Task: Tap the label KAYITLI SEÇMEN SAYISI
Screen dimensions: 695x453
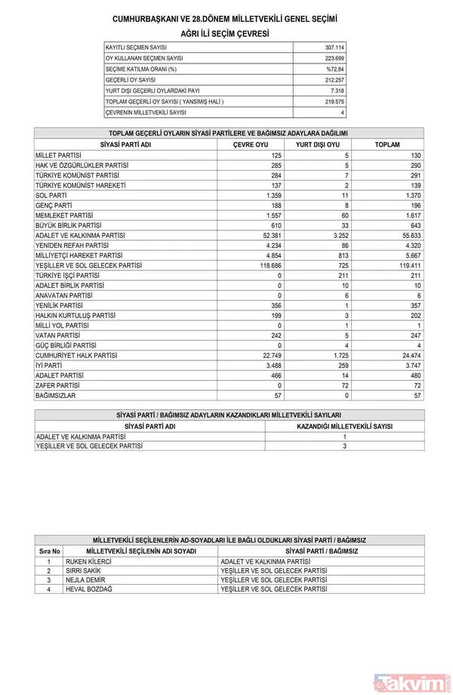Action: point(137,48)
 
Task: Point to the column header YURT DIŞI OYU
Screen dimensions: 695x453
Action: point(318,144)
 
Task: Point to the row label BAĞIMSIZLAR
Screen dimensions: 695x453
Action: point(56,395)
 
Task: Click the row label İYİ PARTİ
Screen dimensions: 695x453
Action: point(50,366)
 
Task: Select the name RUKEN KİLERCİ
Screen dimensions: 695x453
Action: point(89,562)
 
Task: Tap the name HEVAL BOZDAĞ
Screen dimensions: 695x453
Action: point(89,588)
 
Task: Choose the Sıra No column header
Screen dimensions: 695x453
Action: point(49,551)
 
